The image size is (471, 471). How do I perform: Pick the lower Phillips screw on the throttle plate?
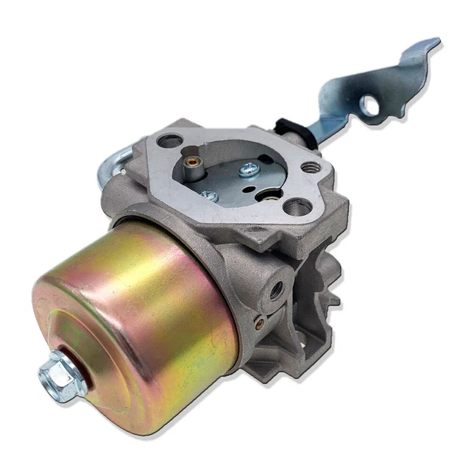pos(210,195)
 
